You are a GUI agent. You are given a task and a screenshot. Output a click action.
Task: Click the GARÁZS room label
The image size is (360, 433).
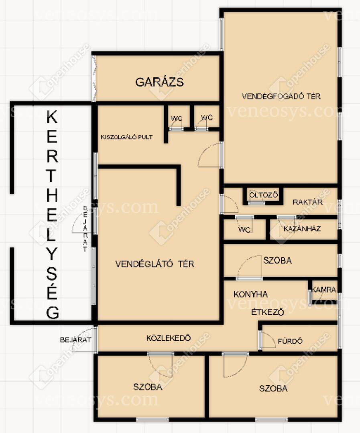(x=160, y=82)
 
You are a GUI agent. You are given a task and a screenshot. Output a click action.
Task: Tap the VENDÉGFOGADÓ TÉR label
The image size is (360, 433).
(x=281, y=96)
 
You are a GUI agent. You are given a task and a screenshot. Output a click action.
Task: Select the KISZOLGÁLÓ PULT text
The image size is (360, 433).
(x=127, y=137)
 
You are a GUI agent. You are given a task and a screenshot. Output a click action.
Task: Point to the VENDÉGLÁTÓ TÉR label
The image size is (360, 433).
(x=155, y=264)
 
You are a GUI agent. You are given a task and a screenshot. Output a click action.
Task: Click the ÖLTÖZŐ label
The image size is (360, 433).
(x=264, y=195)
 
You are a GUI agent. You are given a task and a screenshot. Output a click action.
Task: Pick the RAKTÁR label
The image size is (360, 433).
(x=307, y=202)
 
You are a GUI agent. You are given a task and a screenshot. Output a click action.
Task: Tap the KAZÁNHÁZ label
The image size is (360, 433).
(x=302, y=229)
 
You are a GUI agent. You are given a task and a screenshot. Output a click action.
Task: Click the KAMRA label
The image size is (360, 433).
(x=324, y=290)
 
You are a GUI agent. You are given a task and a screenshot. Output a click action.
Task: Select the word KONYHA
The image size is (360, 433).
(x=250, y=294)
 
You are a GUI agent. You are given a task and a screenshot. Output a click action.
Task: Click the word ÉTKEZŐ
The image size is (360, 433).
(x=268, y=312)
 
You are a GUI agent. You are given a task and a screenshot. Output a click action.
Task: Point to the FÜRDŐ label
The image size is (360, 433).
(x=290, y=341)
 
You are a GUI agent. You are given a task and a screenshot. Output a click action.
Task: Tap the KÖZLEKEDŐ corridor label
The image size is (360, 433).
(x=169, y=338)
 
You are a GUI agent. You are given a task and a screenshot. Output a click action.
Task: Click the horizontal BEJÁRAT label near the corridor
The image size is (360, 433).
(x=75, y=340)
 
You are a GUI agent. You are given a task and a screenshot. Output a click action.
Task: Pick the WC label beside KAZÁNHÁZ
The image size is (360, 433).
(x=244, y=229)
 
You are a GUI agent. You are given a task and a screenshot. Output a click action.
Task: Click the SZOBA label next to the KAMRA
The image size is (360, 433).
(x=277, y=261)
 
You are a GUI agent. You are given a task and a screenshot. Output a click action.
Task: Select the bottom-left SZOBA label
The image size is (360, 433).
(x=148, y=386)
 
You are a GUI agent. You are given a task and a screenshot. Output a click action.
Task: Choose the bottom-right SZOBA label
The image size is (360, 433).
(x=273, y=388)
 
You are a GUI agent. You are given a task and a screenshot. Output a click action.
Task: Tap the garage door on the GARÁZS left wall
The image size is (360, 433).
(x=94, y=79)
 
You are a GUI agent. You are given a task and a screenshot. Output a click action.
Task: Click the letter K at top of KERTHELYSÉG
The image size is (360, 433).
(x=52, y=117)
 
